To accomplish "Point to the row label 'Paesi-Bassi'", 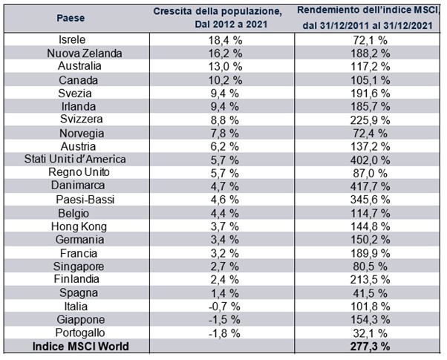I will coord(81,200).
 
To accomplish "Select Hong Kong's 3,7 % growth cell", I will coord(219,226).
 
